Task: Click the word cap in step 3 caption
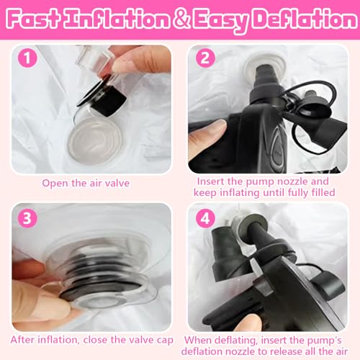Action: click(x=164, y=339)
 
